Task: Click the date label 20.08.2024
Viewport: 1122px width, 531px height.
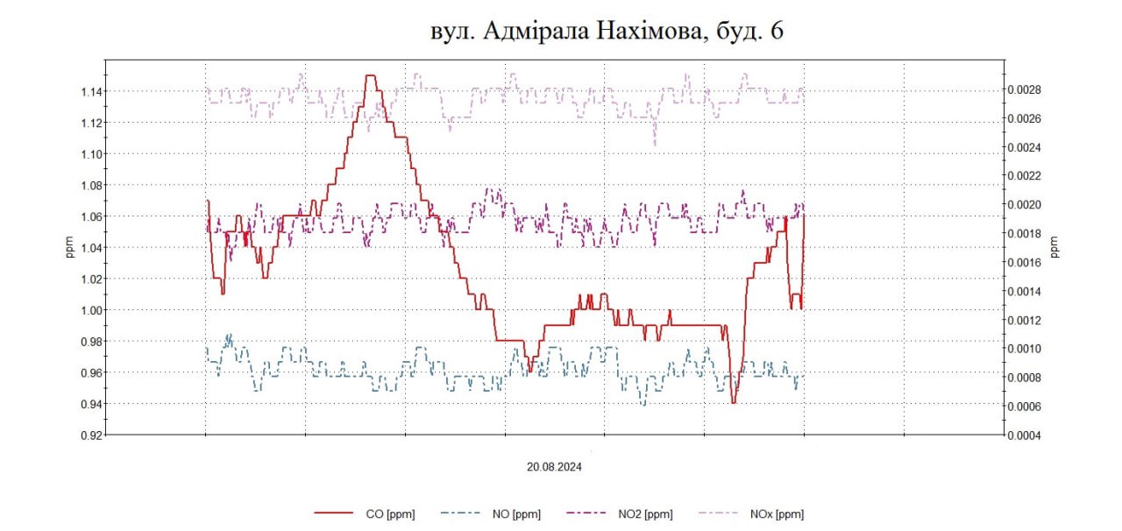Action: pyautogui.click(x=554, y=467)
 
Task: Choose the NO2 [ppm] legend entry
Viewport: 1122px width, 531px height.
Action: pyautogui.click(x=644, y=514)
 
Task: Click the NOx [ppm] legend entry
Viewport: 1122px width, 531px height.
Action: pyautogui.click(x=776, y=514)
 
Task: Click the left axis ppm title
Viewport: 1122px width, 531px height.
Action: pyautogui.click(x=70, y=248)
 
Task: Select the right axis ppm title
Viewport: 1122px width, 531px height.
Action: pyautogui.click(x=1055, y=248)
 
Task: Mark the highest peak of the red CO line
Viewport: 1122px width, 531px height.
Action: pyautogui.click(x=370, y=76)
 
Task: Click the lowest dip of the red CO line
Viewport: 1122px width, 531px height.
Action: pyautogui.click(x=734, y=402)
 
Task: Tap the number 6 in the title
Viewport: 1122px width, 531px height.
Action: pyautogui.click(x=776, y=32)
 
